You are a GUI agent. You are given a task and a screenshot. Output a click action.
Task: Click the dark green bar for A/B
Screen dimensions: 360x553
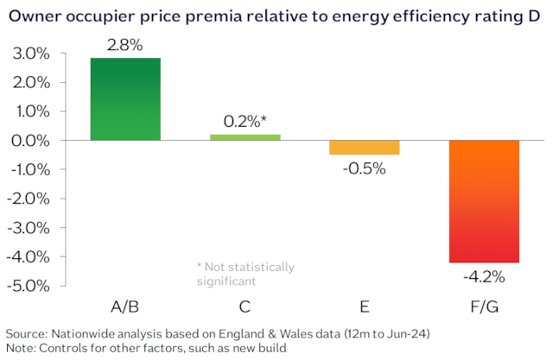[x=125, y=98]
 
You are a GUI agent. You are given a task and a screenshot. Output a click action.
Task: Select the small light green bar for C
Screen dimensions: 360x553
[x=245, y=137]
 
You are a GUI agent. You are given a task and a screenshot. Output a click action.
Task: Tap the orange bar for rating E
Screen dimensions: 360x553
[x=364, y=148]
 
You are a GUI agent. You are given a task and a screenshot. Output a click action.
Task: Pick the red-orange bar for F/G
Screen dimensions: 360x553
[x=483, y=201]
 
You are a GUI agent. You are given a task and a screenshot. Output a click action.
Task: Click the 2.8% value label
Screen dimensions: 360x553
[x=125, y=44]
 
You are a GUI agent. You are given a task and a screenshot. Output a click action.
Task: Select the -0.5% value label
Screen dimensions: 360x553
[x=364, y=167]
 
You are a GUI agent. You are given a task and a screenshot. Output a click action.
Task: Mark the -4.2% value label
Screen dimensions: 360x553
[x=483, y=276]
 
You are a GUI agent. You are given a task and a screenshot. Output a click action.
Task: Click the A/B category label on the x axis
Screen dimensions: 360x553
[x=125, y=306]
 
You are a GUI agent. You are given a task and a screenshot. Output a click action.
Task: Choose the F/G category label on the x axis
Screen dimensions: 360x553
[x=483, y=306]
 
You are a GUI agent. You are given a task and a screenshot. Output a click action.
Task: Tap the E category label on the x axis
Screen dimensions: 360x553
[x=364, y=306]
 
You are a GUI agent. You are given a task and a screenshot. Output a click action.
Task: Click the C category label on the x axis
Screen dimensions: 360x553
[x=245, y=306]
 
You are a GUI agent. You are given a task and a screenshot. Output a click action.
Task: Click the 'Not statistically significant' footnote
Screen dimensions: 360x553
[x=246, y=274]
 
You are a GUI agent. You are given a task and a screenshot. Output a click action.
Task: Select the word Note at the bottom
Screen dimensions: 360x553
[x=22, y=348]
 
